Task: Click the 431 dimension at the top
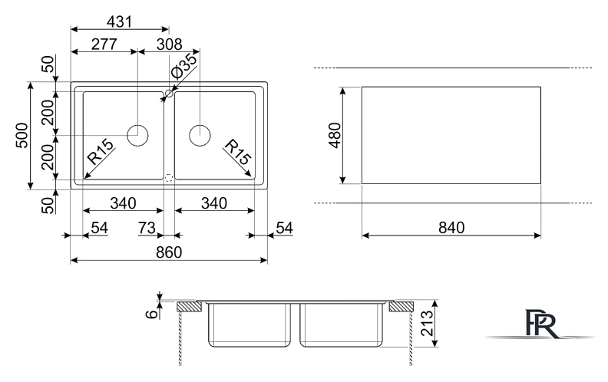coord(120,21)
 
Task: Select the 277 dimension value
coord(104,44)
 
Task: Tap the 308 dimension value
coord(170,44)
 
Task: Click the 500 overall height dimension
coord(22,135)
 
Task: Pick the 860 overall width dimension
coord(169,252)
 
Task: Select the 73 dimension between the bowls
coord(147,228)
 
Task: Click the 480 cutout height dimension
coord(335,135)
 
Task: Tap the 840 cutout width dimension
coord(451,227)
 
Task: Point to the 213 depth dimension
coord(427,323)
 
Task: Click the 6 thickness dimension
coord(152,314)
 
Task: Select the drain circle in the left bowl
coord(137,136)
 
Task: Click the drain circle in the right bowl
coord(200,136)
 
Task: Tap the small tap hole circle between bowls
coord(169,94)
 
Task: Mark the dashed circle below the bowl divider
coord(169,179)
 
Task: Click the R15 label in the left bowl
coord(101,151)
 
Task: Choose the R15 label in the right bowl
coord(238,151)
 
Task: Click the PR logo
coord(542,324)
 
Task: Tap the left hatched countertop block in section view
coord(189,307)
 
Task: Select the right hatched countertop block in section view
coord(401,307)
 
